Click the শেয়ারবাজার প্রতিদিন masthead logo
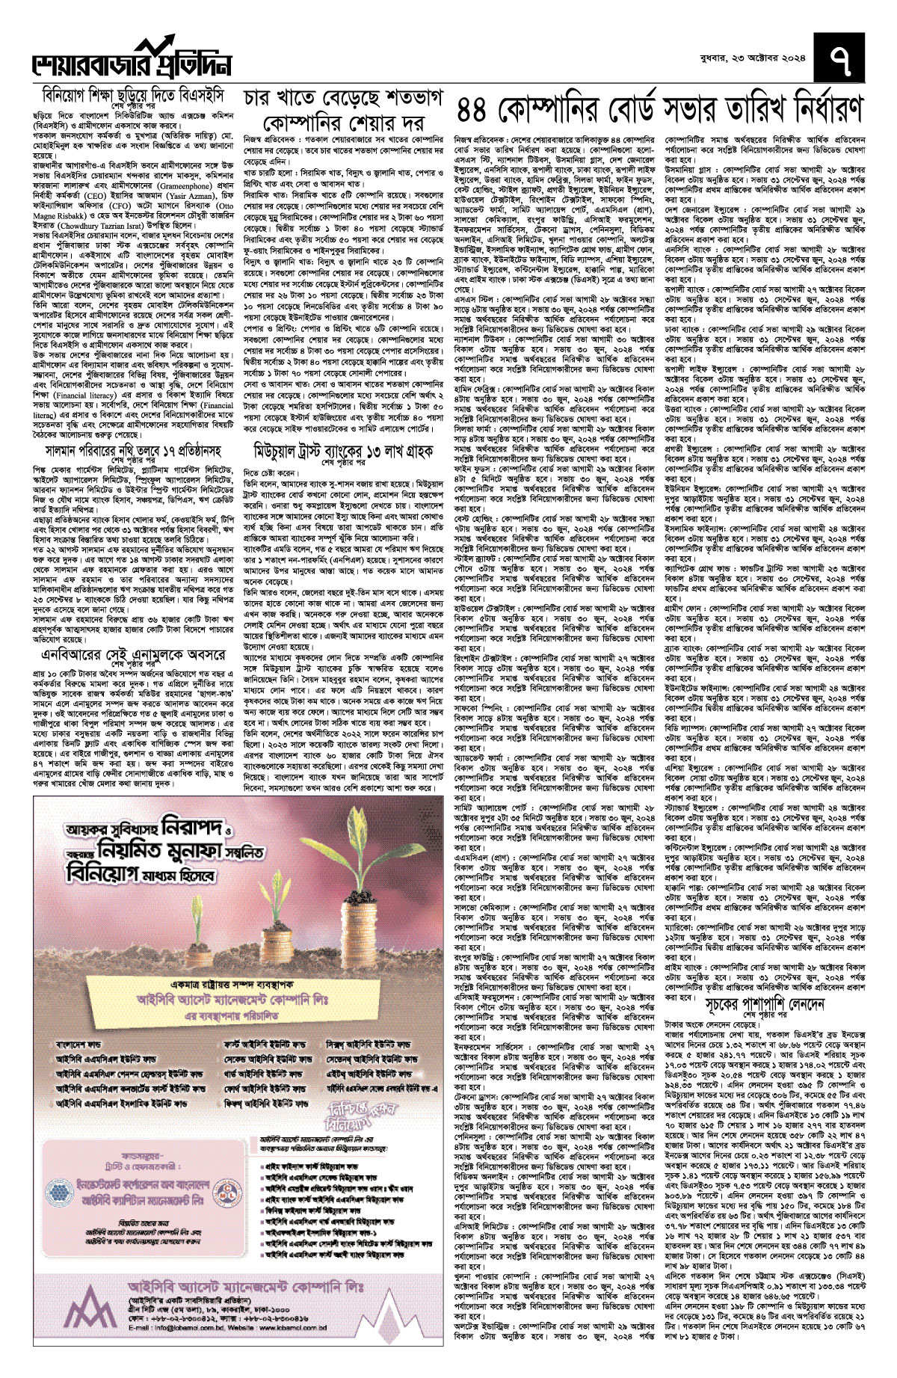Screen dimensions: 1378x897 (x=131, y=62)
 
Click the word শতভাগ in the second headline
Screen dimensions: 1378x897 (x=410, y=99)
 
